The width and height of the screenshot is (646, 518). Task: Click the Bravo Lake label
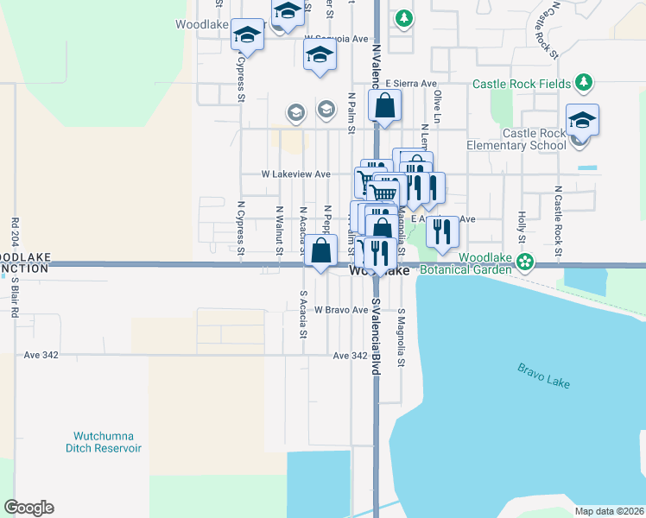coord(544,376)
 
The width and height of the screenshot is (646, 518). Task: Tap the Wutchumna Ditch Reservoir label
coord(104,442)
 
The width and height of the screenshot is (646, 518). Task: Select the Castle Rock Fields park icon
coord(585,83)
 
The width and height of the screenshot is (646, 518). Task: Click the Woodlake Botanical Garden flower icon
coord(523,260)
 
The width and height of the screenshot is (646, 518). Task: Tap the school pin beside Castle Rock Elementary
coord(582,121)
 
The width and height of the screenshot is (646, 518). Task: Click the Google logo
coord(28,508)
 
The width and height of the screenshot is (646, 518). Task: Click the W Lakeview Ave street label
coord(296,174)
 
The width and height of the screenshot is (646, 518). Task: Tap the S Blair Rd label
coord(16,297)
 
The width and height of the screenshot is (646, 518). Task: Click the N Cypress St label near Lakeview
coord(240,229)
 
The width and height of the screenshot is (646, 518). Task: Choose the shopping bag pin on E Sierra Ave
coord(384,106)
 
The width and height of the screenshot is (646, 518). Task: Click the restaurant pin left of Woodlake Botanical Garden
coord(441,231)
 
